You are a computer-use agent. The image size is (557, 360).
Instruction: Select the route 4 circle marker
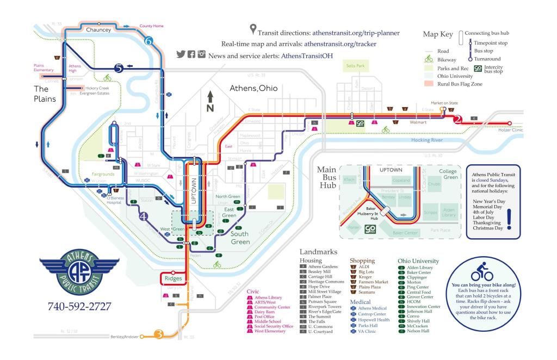click(x=144, y=216)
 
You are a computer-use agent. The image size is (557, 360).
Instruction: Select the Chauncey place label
click(x=98, y=30)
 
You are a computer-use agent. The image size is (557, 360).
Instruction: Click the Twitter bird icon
click(x=182, y=54)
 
